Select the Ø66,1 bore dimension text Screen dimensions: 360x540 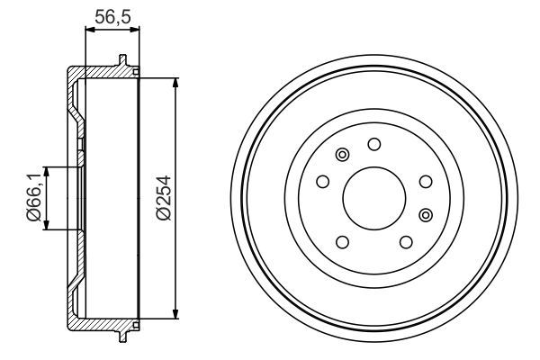33,199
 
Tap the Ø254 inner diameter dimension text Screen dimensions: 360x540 163,199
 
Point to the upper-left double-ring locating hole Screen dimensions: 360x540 341,157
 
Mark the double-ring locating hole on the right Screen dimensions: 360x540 426,213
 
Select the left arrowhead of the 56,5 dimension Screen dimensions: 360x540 88,31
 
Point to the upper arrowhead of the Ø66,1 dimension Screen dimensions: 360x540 48,171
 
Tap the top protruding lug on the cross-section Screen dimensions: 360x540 121,61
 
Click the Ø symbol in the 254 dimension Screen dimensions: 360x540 163,215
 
